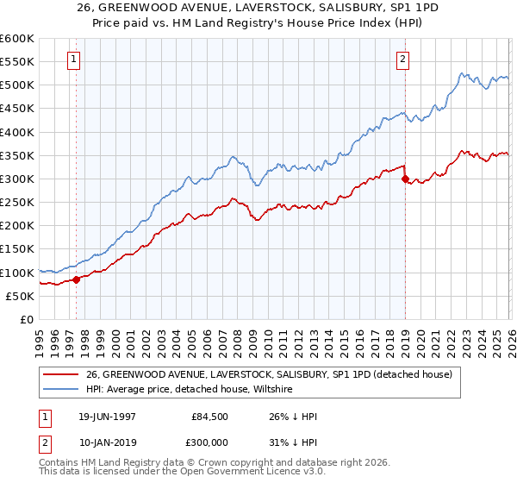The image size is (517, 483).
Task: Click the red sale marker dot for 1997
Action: (x=76, y=279)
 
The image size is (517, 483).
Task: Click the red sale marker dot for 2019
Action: (x=404, y=179)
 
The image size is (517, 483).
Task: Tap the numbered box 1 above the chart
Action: (x=75, y=60)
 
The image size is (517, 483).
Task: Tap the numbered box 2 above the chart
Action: (x=402, y=60)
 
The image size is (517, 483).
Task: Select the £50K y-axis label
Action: (x=19, y=296)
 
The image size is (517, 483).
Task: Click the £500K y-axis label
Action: (x=17, y=85)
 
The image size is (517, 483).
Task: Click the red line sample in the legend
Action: (x=62, y=374)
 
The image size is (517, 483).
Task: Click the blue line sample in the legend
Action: (x=62, y=390)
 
